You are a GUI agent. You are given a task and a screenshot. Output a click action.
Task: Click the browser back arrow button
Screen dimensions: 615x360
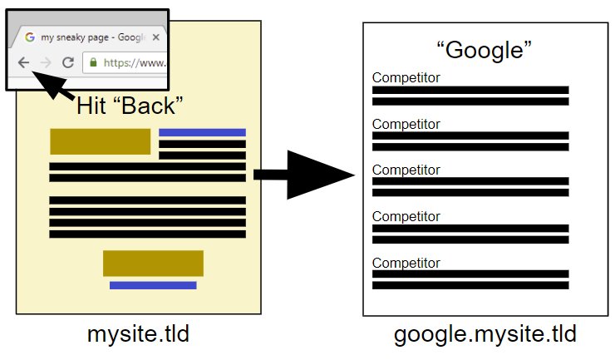pos(24,62)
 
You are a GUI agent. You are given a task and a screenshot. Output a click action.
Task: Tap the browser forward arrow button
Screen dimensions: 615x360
pos(46,62)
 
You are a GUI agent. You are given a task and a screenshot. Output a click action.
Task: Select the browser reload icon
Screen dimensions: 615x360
pos(68,62)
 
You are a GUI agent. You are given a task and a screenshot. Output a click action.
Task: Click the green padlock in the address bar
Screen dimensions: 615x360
pos(94,62)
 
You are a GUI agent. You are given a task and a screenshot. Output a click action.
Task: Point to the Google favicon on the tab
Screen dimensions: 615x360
pos(30,37)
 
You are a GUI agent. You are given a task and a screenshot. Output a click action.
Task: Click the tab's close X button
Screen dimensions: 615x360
pos(155,37)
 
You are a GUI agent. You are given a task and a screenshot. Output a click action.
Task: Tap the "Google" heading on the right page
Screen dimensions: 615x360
pos(484,50)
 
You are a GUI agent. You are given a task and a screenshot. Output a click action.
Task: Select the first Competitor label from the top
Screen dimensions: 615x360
pos(406,78)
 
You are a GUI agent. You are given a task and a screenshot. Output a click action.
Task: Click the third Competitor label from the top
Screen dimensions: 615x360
pos(406,170)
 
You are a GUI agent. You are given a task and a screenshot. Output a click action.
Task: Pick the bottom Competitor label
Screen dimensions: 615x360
pos(406,262)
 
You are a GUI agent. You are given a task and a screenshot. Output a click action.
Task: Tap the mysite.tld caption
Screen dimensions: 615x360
pos(138,335)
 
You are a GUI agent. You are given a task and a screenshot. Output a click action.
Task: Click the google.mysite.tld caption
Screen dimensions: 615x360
pos(485,335)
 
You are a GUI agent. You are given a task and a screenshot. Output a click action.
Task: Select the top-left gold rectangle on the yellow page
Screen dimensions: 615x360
pos(100,141)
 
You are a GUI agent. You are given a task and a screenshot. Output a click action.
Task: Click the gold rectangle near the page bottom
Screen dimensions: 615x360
pos(153,263)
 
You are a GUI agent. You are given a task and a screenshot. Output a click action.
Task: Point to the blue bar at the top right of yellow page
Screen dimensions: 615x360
pos(202,132)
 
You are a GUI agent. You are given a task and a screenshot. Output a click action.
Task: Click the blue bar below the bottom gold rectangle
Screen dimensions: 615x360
pos(153,285)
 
